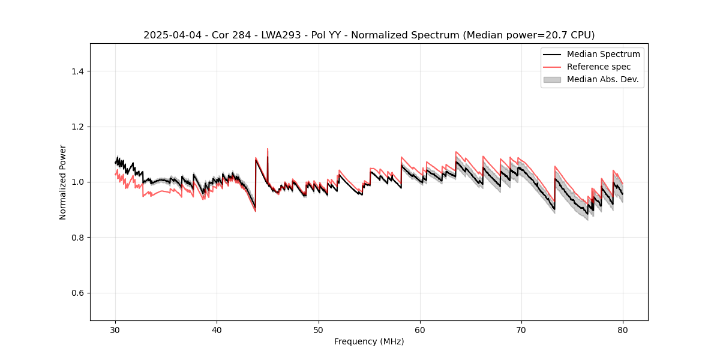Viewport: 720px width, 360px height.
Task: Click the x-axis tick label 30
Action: [116, 330]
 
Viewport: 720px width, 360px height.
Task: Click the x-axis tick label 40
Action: [217, 330]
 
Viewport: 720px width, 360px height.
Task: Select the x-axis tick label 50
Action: [319, 330]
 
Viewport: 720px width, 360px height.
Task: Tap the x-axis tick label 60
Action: [420, 330]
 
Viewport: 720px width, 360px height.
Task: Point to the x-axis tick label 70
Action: [521, 330]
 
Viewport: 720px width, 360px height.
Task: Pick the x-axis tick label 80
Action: [623, 330]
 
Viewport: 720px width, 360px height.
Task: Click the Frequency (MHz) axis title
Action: [369, 342]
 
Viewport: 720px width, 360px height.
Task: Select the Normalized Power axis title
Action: [63, 182]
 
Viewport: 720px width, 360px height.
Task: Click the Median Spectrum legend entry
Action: [603, 54]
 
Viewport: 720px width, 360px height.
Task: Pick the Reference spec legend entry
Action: [598, 67]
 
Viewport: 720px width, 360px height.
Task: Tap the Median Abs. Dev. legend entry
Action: [602, 79]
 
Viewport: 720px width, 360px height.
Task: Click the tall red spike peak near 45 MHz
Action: [268, 149]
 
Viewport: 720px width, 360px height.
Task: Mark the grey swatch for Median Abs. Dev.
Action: [552, 79]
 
